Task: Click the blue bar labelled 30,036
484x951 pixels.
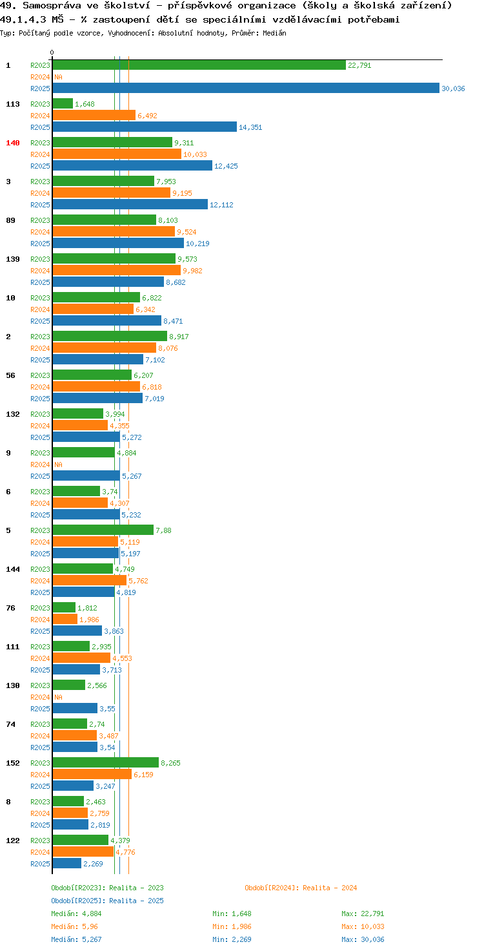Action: click(x=246, y=88)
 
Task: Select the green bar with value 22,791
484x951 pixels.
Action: click(x=199, y=65)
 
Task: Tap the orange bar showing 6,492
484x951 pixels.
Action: click(x=94, y=115)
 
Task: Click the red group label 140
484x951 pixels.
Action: click(x=13, y=143)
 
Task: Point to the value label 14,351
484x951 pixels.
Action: click(x=250, y=127)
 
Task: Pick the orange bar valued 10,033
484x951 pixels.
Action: click(x=117, y=154)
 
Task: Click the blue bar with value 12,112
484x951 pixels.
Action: click(x=130, y=204)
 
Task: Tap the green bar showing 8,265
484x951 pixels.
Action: click(x=106, y=762)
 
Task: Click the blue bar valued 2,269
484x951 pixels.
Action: click(x=67, y=863)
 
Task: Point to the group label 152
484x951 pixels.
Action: click(x=13, y=763)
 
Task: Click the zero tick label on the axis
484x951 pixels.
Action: click(x=52, y=52)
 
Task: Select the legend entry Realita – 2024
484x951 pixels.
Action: click(x=301, y=888)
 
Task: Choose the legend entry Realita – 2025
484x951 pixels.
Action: click(x=107, y=901)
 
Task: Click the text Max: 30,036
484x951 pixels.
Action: click(x=363, y=939)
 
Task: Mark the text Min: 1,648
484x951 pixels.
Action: click(x=232, y=914)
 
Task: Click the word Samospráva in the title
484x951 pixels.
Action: click(x=52, y=6)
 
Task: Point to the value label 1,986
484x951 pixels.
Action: click(x=89, y=620)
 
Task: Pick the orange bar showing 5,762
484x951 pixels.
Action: click(x=90, y=580)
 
